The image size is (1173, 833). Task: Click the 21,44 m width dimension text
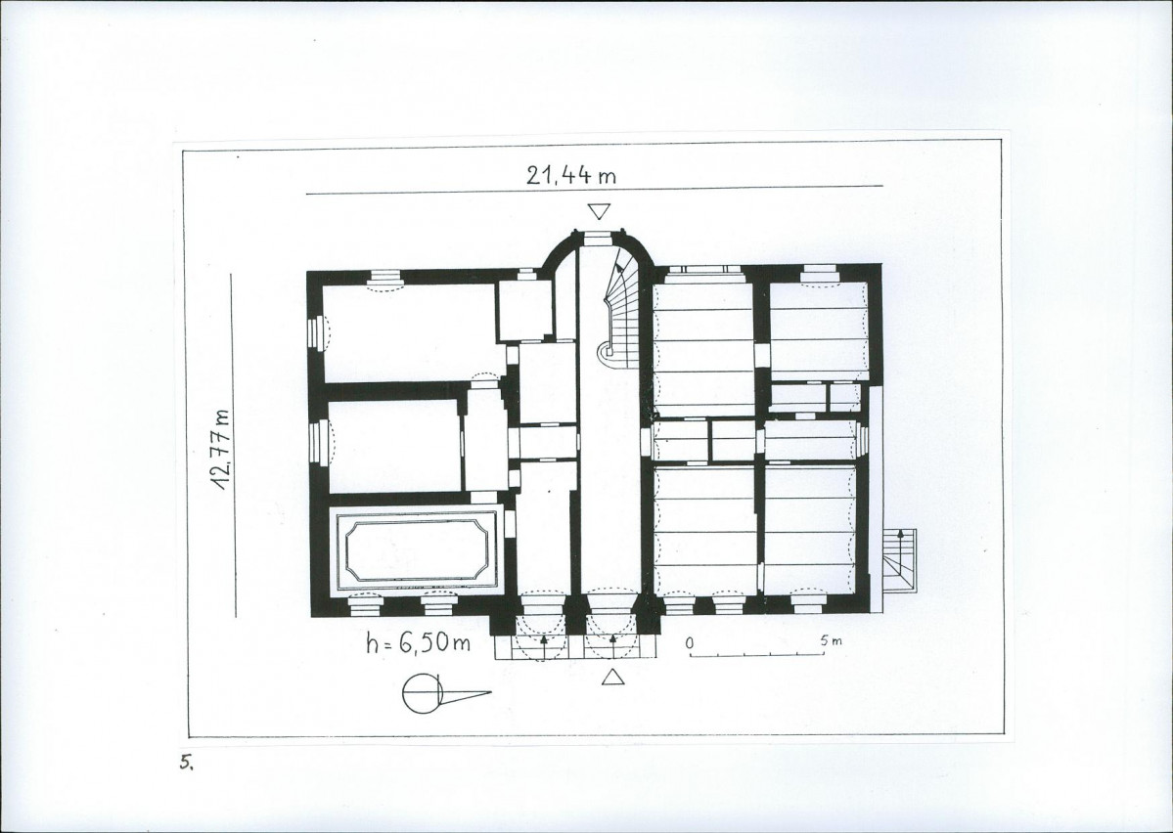570,175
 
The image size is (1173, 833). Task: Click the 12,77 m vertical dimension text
221,450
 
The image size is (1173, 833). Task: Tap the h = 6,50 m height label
418,642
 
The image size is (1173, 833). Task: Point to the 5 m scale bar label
831,640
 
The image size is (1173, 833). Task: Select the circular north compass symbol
423,693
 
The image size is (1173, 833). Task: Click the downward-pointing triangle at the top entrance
600,211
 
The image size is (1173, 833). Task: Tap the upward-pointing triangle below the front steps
613,677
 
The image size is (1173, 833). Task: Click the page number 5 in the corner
186,763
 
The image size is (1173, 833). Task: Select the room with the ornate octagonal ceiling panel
418,549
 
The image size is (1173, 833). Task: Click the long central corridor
610,449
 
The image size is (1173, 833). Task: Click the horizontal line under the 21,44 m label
595,190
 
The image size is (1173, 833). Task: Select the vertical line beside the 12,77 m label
234,446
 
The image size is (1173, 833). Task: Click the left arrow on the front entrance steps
543,640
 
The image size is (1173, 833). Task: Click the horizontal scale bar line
757,654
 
